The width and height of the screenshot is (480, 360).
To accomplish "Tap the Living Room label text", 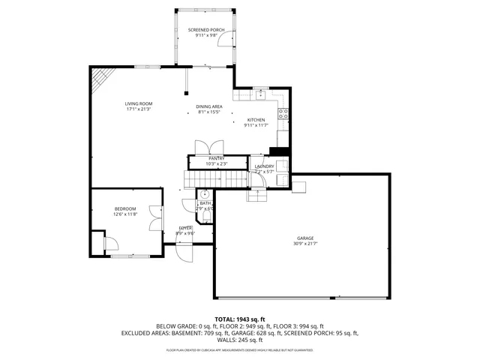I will point(139,103).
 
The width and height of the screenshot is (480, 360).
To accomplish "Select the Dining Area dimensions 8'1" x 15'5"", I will point(209,112).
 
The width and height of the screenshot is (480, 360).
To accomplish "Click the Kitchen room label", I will point(256,120).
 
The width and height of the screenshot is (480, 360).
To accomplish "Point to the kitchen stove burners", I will point(283,114).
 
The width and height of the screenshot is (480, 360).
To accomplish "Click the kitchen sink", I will point(259,94).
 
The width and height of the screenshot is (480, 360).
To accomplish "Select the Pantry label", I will point(217,159).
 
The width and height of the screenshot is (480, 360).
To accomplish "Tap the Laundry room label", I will point(264,166).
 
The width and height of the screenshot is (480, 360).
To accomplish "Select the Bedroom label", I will point(125,208).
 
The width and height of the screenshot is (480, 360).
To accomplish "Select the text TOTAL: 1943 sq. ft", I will point(240,319).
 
